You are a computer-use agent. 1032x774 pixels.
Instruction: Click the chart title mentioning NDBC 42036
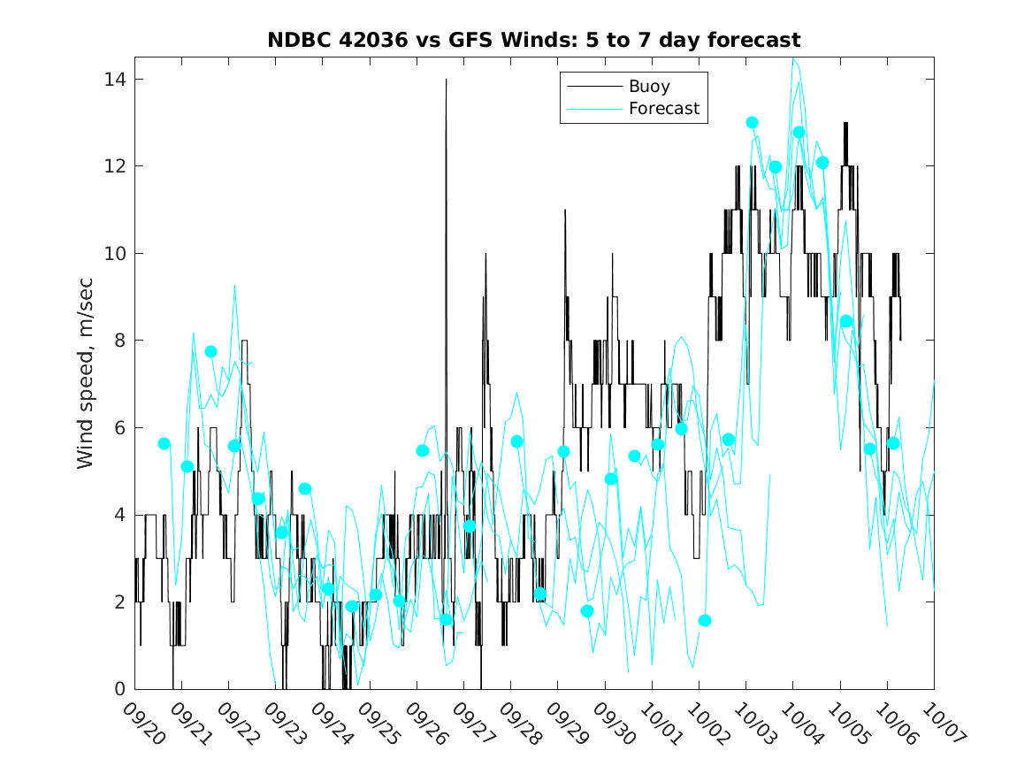pyautogui.click(x=533, y=40)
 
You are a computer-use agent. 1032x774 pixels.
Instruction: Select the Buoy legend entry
pyautogui.click(x=649, y=87)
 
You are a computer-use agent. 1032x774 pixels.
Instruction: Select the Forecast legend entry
pyautogui.click(x=663, y=109)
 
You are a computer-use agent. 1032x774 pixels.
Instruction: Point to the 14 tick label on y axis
pyautogui.click(x=115, y=80)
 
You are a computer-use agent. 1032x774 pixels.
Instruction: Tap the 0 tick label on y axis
pyautogui.click(x=120, y=689)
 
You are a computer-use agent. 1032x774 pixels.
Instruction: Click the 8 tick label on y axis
pyautogui.click(x=120, y=341)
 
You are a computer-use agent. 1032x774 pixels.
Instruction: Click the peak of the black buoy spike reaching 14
pyautogui.click(x=446, y=80)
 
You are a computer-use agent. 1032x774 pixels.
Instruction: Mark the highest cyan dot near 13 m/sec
pyautogui.click(x=752, y=122)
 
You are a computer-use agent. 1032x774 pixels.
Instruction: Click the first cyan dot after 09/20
pyautogui.click(x=164, y=443)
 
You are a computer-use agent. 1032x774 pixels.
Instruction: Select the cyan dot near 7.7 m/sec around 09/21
pyautogui.click(x=210, y=351)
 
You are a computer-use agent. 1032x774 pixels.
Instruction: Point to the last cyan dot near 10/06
pyautogui.click(x=893, y=443)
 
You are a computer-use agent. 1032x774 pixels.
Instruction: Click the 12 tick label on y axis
pyautogui.click(x=115, y=166)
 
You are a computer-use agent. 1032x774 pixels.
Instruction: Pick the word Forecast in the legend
pyautogui.click(x=663, y=109)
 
